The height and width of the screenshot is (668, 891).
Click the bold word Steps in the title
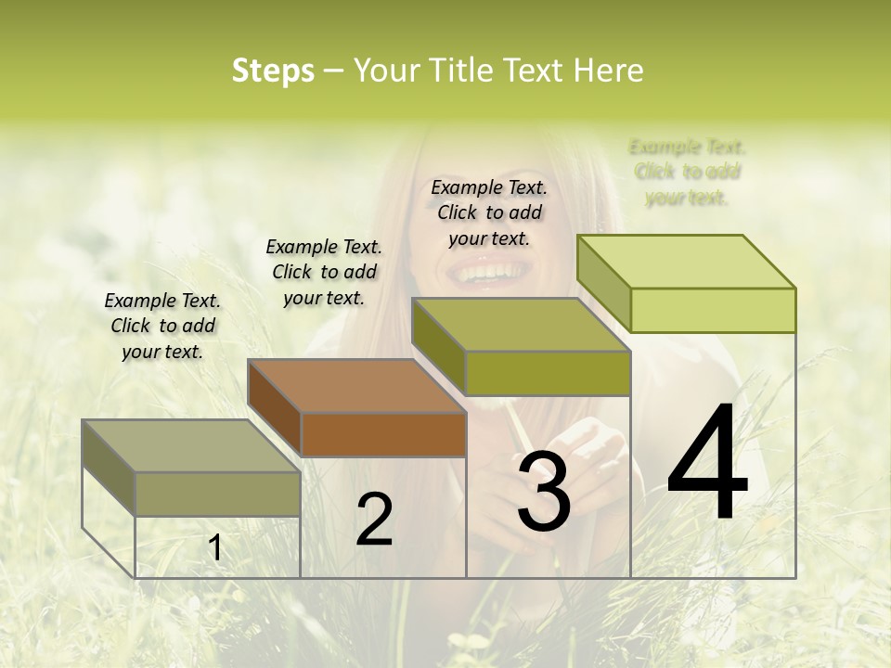[x=273, y=71]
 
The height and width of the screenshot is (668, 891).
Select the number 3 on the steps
[x=543, y=492]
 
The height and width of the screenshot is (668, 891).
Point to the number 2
[x=375, y=520]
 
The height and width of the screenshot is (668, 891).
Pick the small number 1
[x=215, y=548]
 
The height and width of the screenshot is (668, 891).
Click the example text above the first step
[x=162, y=326]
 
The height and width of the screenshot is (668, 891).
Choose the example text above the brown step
[x=324, y=272]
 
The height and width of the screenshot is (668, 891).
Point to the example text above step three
[x=489, y=212]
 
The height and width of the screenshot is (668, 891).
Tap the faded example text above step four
[x=687, y=172]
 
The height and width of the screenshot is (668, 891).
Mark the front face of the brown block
[x=383, y=434]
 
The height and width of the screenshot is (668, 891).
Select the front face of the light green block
[x=713, y=310]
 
